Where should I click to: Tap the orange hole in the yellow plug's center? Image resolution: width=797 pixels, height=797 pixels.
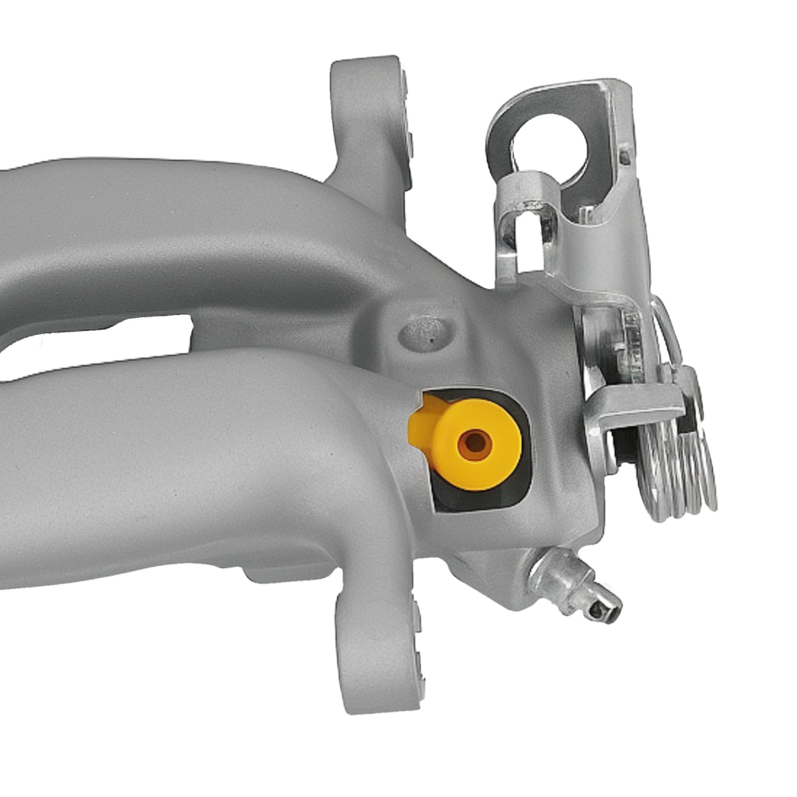[x=476, y=444]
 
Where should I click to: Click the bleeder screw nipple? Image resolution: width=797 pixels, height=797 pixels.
[x=578, y=590]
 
